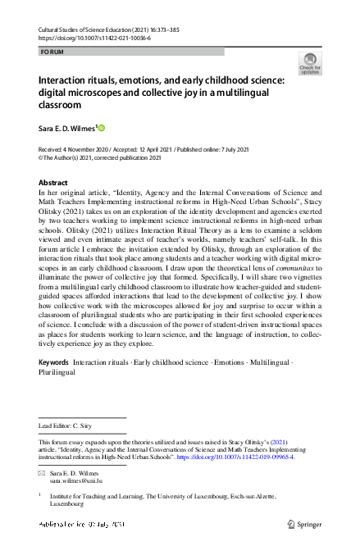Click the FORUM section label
[x=51, y=51]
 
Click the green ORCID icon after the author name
[x=103, y=128]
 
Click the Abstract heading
[x=53, y=183]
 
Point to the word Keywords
[x=53, y=362]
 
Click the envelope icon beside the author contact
[x=43, y=474]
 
